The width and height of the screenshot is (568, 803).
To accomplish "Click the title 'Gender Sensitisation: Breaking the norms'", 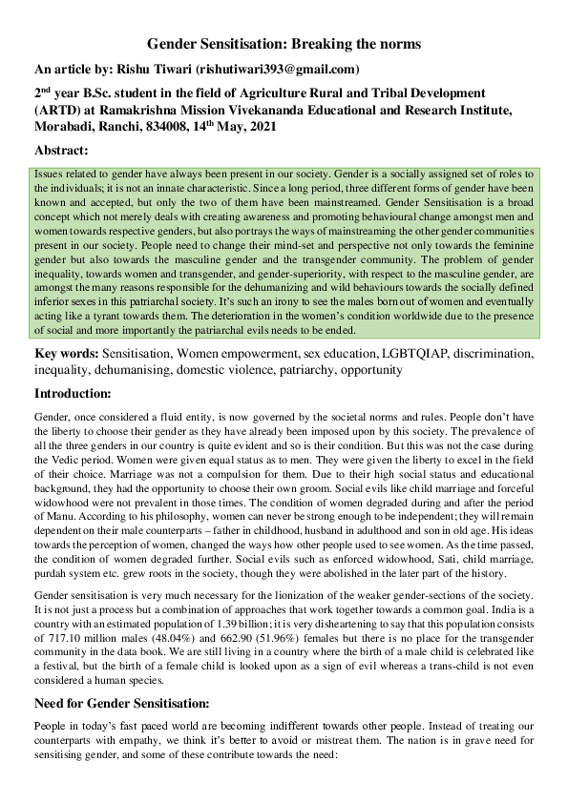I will (x=284, y=45).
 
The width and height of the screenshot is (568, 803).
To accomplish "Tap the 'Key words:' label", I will (x=66, y=355).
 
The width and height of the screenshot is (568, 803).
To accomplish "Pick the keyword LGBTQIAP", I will (x=414, y=355).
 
